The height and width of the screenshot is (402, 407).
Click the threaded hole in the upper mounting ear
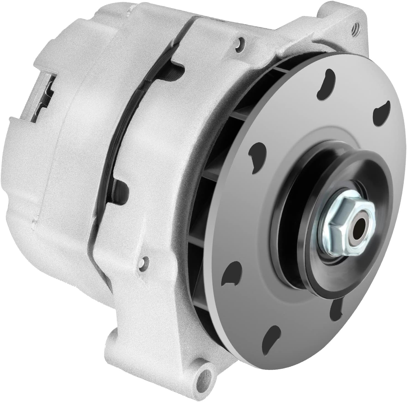pos(356,29)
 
